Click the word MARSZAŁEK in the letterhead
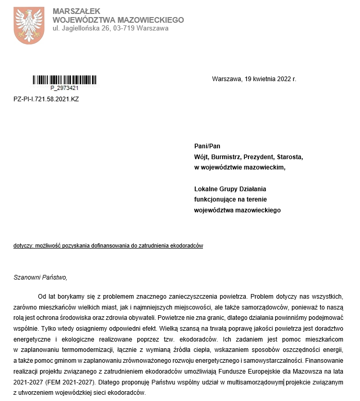pyautogui.click(x=76, y=11)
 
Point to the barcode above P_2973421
pyautogui.click(x=65, y=80)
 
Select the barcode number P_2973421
pyautogui.click(x=65, y=88)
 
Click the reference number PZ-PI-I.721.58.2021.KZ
pyautogui.click(x=46, y=98)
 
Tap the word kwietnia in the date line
pyautogui.click(x=261, y=79)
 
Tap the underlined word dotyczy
pyautogui.click(x=22, y=246)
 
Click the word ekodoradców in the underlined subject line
pyautogui.click(x=187, y=246)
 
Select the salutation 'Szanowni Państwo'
pyautogui.click(x=40, y=277)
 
